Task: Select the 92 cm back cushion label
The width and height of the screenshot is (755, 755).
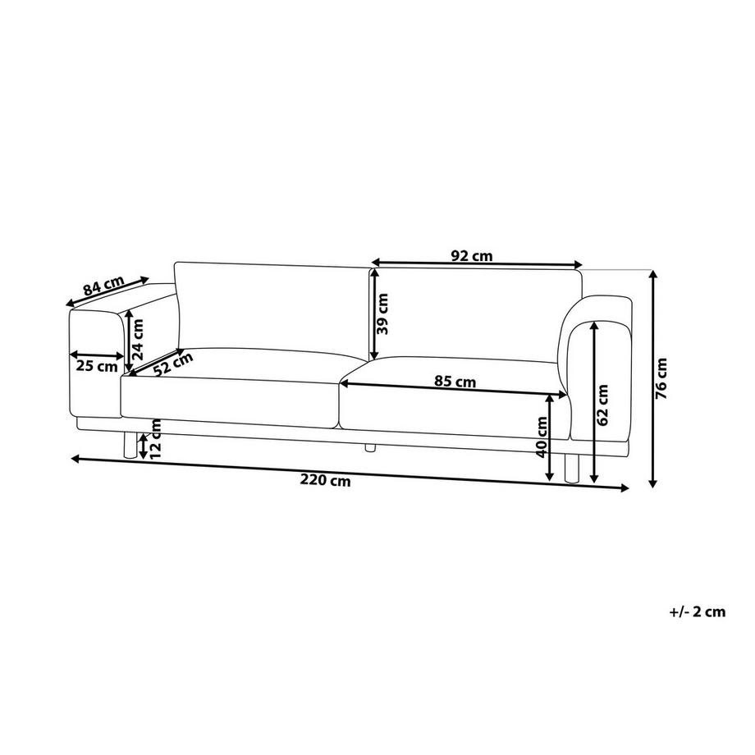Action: pyautogui.click(x=472, y=255)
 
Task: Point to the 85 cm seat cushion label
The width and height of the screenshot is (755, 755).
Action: pyautogui.click(x=454, y=382)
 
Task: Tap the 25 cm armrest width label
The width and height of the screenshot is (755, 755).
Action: pyautogui.click(x=97, y=366)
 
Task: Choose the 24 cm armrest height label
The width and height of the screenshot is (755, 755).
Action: pyautogui.click(x=139, y=340)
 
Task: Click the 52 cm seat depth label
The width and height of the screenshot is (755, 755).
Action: pyautogui.click(x=172, y=364)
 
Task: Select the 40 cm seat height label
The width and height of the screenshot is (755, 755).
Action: pyautogui.click(x=542, y=437)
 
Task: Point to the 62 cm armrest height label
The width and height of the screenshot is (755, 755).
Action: pyautogui.click(x=603, y=405)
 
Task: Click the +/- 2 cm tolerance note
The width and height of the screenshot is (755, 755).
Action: pyautogui.click(x=698, y=611)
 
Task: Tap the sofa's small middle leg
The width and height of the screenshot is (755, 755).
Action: pyautogui.click(x=369, y=447)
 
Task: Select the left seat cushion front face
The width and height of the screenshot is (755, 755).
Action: pyautogui.click(x=230, y=402)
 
